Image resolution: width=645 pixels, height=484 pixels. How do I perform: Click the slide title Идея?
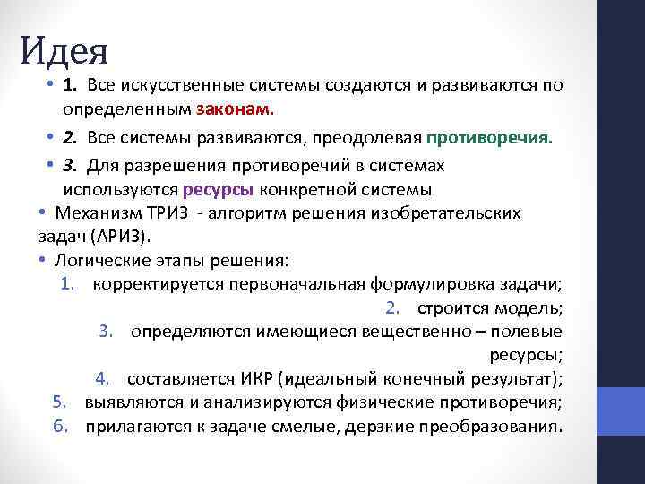pos(64,50)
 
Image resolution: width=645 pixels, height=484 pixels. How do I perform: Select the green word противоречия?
pos(489,139)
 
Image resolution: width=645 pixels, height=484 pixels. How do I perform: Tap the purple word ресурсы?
pos(219,189)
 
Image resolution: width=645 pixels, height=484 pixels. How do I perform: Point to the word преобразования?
pos(499,425)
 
